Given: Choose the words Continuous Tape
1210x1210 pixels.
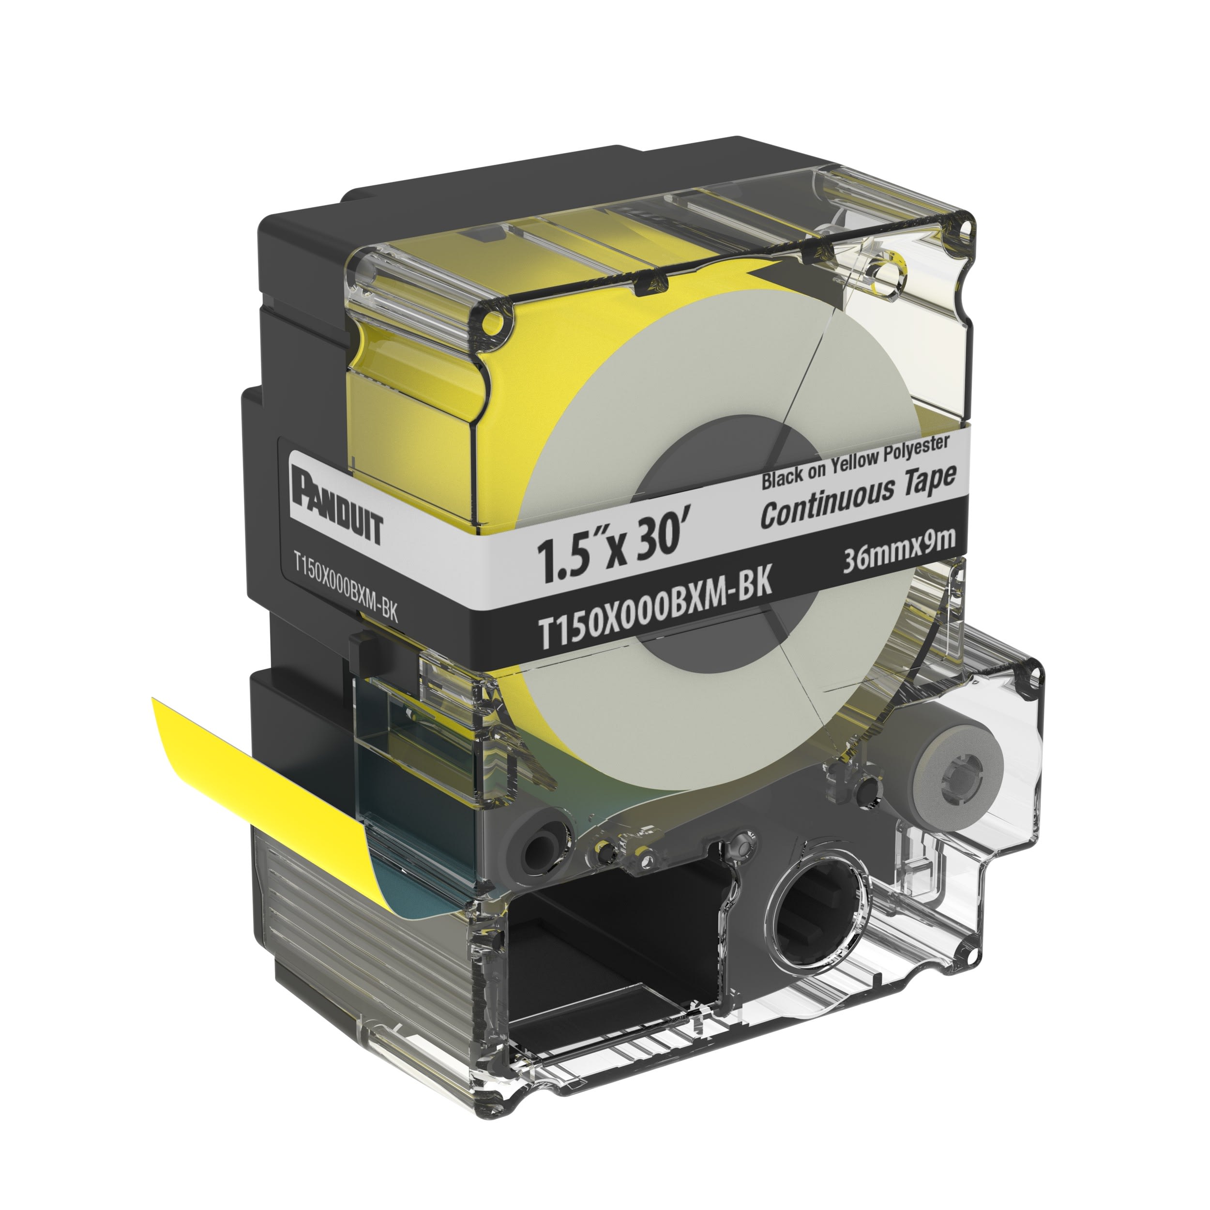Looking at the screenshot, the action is point(858,498).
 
